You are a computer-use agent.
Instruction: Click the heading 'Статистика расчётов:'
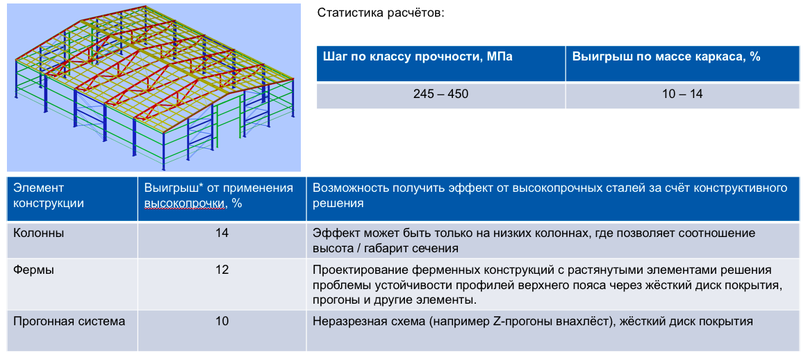click(x=380, y=13)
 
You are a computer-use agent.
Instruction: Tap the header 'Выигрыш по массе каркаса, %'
click(x=666, y=57)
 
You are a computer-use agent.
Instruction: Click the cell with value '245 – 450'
click(x=440, y=95)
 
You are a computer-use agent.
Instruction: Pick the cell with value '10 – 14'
click(x=684, y=95)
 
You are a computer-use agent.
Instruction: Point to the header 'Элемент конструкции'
click(x=49, y=195)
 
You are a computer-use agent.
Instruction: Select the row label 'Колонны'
click(x=39, y=233)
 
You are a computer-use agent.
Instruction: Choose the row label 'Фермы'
click(x=33, y=270)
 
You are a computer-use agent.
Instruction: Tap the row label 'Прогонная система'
click(x=69, y=322)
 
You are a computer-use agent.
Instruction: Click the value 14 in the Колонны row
click(x=222, y=233)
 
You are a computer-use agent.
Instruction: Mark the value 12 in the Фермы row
click(x=222, y=270)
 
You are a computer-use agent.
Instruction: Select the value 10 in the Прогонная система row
click(x=222, y=322)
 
